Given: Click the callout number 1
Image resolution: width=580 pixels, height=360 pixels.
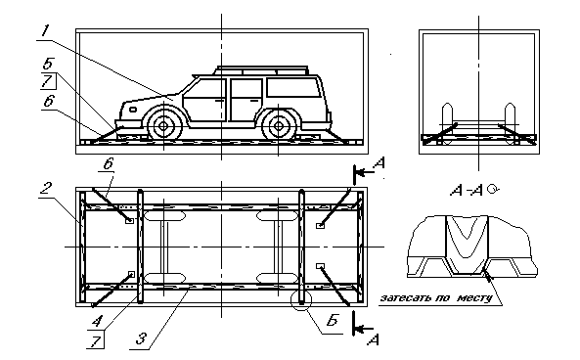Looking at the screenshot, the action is [45, 30].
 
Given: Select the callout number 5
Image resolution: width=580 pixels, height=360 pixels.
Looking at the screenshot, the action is [47, 64].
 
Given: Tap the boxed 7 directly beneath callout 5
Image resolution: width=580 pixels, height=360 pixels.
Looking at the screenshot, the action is [48, 81].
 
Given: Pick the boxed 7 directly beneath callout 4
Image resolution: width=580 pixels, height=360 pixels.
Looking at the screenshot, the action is [95, 340].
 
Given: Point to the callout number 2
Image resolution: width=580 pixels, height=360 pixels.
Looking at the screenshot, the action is [46, 189].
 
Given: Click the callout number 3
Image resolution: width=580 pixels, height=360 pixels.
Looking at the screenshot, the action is [141, 338].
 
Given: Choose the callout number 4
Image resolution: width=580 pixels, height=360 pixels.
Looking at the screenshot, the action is [97, 320].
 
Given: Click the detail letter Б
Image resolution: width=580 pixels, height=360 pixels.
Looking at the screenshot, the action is [333, 320].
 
